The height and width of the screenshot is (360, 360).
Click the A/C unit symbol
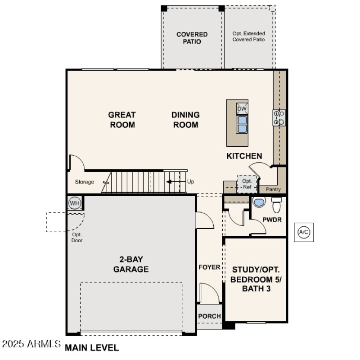click(x=304, y=232)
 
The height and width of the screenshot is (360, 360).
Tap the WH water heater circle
click(x=74, y=203)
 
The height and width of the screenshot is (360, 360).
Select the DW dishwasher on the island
click(x=242, y=109)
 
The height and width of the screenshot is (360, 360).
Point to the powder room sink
click(x=259, y=202)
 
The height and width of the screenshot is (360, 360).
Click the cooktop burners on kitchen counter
click(x=279, y=117)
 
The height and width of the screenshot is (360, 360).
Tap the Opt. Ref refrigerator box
click(x=247, y=184)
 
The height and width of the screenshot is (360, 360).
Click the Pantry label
click(x=273, y=189)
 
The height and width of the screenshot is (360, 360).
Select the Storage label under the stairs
click(x=85, y=182)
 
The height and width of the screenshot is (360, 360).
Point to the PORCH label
click(x=210, y=316)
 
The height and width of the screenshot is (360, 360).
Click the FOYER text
click(x=210, y=267)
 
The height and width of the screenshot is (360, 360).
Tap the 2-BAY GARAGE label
click(x=131, y=265)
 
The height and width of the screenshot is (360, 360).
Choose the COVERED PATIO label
click(x=192, y=38)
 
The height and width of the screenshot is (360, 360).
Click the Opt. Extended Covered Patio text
click(x=248, y=36)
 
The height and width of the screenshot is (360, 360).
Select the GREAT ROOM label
click(x=122, y=120)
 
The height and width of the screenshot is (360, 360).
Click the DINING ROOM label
click(x=185, y=120)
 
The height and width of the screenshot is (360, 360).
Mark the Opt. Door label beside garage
click(x=77, y=237)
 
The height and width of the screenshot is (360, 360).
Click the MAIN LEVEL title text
click(x=92, y=348)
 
